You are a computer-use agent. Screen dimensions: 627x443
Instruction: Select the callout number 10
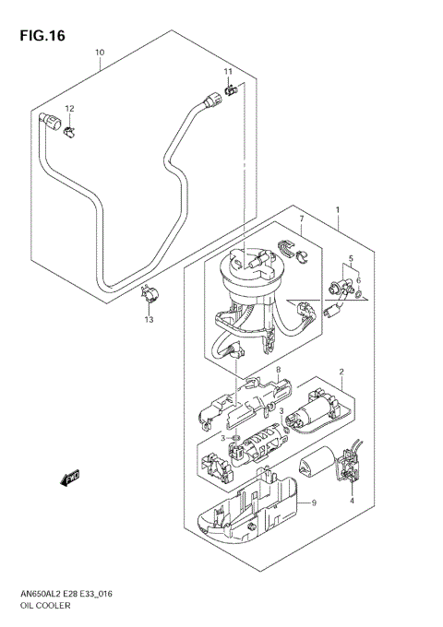pos(100,53)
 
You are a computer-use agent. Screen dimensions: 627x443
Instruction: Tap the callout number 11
pos(227,72)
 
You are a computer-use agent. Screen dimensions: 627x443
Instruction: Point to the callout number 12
pos(68,109)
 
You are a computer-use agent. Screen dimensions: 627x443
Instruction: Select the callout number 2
pos(341,373)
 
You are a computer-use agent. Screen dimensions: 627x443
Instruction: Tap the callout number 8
pos(252,370)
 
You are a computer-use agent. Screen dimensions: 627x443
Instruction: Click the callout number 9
pos(313,503)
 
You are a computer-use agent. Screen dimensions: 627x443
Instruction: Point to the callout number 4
pos(352,501)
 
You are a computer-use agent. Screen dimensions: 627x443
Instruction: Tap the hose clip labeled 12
pos(69,129)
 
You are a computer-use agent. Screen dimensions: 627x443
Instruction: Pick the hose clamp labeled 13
pos(148,297)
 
